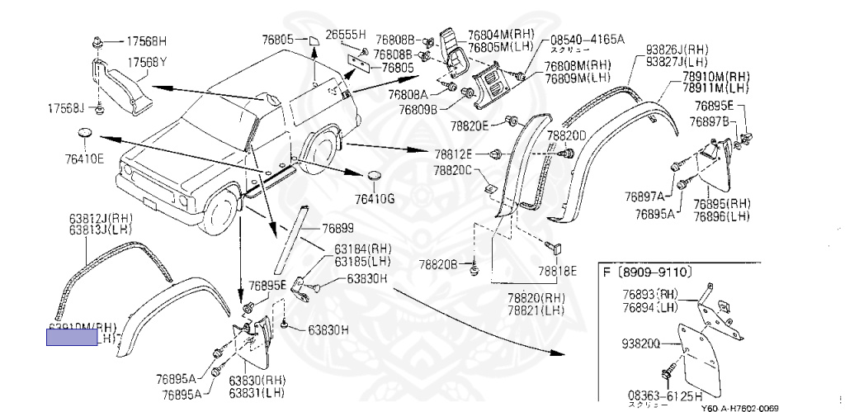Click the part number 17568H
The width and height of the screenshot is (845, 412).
coord(146,40)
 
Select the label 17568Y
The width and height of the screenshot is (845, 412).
coord(146,62)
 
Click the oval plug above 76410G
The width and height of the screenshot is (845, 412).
coord(374,176)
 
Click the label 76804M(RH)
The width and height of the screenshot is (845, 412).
coord(501,34)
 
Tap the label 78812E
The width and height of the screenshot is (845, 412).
coord(454,154)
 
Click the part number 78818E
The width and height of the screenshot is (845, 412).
coord(558,270)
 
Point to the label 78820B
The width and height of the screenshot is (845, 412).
coord(437,264)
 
